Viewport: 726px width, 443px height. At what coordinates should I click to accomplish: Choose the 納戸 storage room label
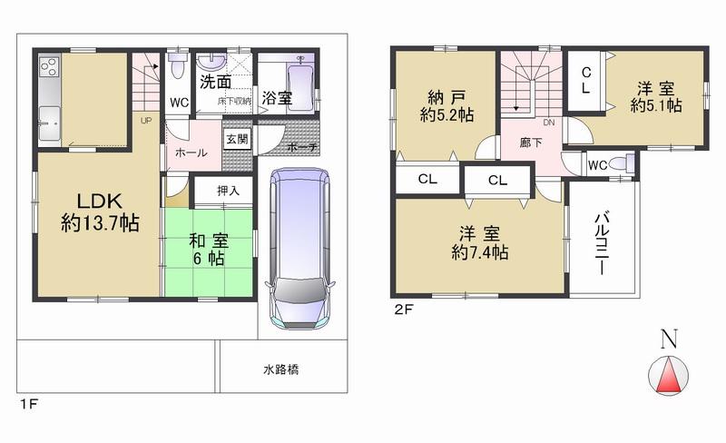[442, 98]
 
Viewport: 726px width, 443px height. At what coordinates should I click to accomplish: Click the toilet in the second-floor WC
[621, 163]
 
